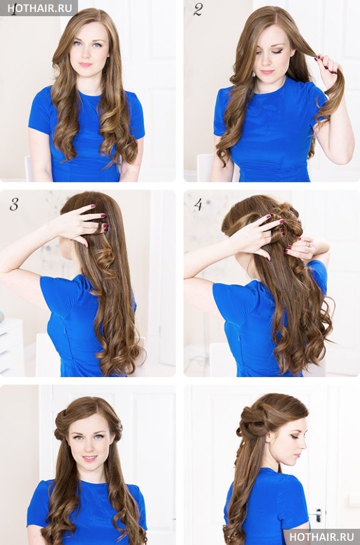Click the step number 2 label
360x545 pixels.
pyautogui.click(x=197, y=10)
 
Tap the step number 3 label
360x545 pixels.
pyautogui.click(x=14, y=204)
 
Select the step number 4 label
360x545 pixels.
pyautogui.click(x=198, y=204)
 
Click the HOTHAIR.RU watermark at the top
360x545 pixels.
pyautogui.click(x=40, y=8)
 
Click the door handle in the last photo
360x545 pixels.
pyautogui.click(x=317, y=515)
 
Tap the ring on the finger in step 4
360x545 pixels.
pyautogui.click(x=309, y=245)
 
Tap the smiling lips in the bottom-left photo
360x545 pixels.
pyautogui.click(x=89, y=458)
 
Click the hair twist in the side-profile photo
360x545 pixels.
pyautogui.click(x=256, y=420)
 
